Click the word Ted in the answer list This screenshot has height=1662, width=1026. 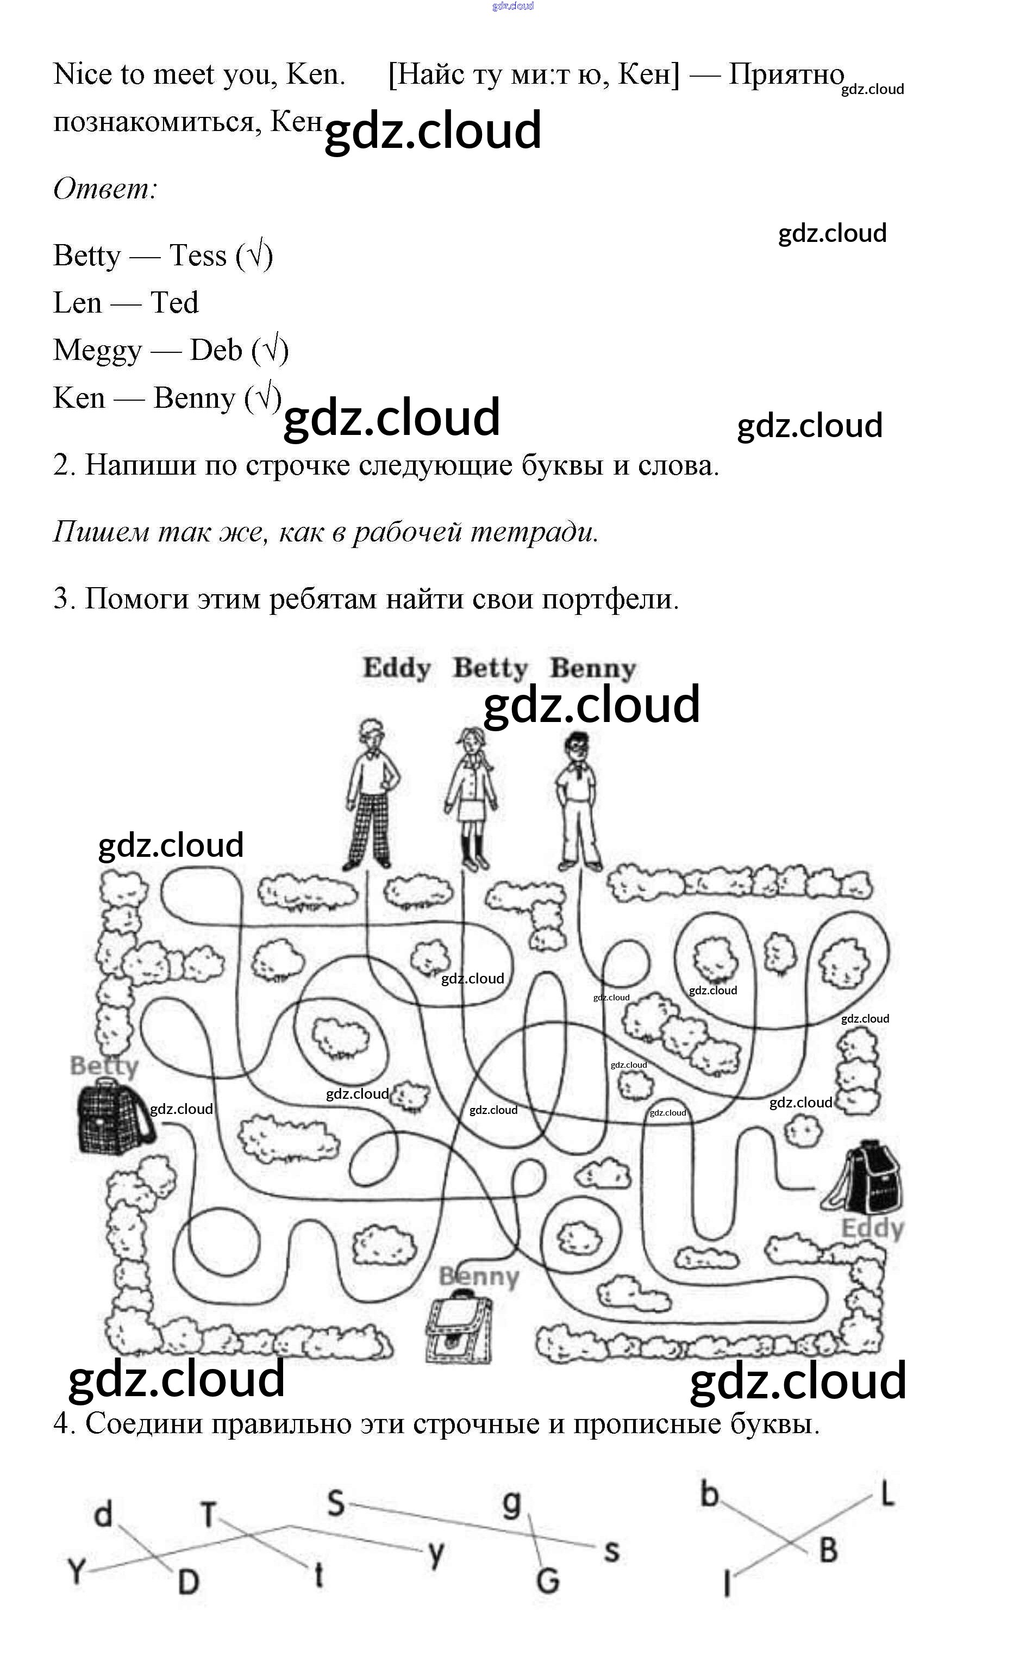pos(174,303)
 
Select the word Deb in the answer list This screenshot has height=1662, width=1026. pos(216,350)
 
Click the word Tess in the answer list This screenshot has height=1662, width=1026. pos(197,256)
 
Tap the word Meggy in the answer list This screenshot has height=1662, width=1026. pos(98,350)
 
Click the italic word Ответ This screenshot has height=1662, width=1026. pos(105,188)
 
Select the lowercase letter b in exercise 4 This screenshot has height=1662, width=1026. pos(709,1493)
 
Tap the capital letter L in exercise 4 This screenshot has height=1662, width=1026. pos(886,1493)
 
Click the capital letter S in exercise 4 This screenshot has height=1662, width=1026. pos(336,1503)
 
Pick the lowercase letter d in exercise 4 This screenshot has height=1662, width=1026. pos(103,1514)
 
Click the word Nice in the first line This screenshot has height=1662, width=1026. pos(82,74)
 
